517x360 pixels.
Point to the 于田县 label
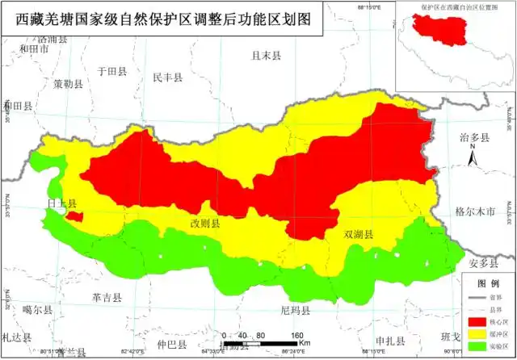[112, 71]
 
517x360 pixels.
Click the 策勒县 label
[69, 83]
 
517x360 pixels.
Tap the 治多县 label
[474, 138]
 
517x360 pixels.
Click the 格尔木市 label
[474, 211]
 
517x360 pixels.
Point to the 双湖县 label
[359, 235]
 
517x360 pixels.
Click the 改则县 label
[204, 224]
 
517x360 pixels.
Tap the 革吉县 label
[107, 297]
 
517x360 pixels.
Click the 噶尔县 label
[37, 309]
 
